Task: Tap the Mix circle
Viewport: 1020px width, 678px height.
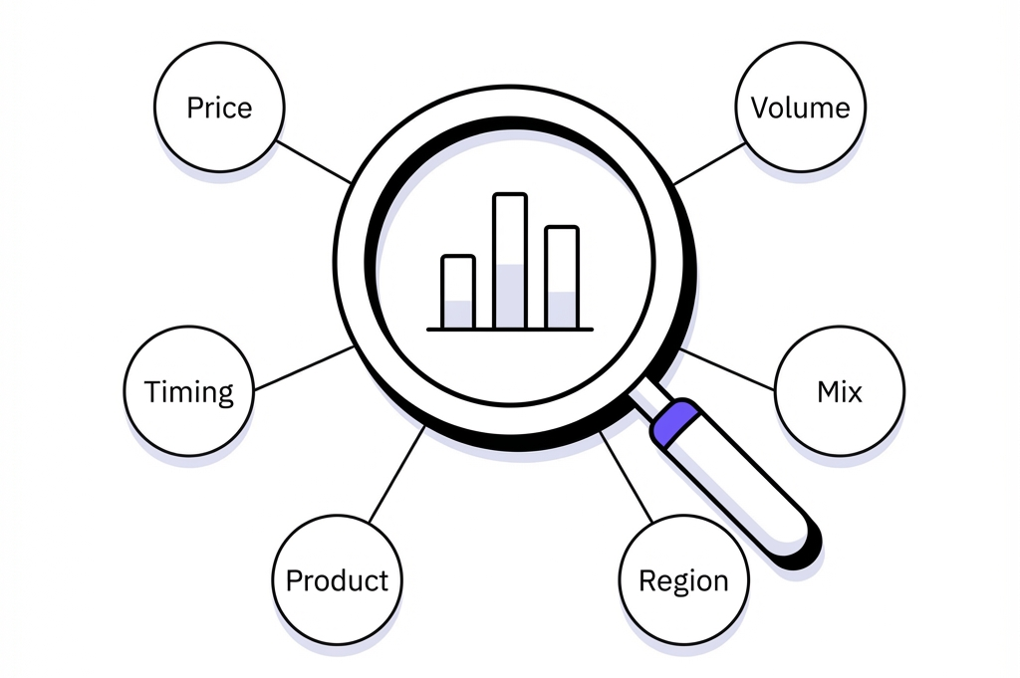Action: pyautogui.click(x=840, y=390)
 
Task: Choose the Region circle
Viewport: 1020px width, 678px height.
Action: pyautogui.click(x=682, y=579)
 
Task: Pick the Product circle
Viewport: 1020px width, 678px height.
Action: pyautogui.click(x=337, y=579)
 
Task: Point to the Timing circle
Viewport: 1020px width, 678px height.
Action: pyautogui.click(x=188, y=390)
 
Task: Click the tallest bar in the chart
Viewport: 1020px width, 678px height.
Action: pyautogui.click(x=510, y=261)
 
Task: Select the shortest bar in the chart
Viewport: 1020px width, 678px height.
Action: pyautogui.click(x=458, y=292)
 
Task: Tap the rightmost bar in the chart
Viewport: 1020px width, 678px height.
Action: pyautogui.click(x=562, y=277)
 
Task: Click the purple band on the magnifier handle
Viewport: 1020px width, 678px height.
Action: pyautogui.click(x=672, y=422)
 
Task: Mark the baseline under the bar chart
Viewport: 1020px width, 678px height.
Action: pyautogui.click(x=510, y=329)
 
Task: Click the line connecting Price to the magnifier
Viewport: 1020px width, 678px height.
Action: pyautogui.click(x=314, y=161)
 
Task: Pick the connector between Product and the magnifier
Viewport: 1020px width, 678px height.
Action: pyautogui.click(x=396, y=475)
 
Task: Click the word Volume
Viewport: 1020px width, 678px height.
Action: pyautogui.click(x=800, y=108)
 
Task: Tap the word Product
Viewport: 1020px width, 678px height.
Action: pyautogui.click(x=337, y=580)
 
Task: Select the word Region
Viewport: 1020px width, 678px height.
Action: pyautogui.click(x=682, y=581)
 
